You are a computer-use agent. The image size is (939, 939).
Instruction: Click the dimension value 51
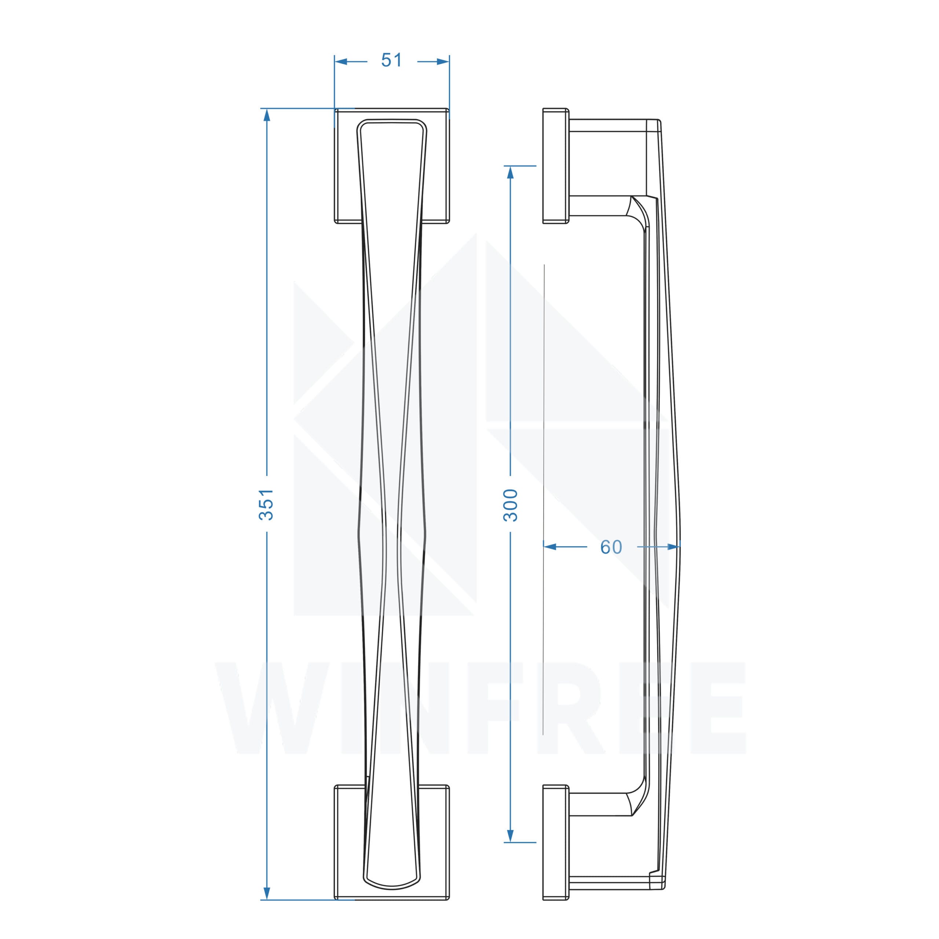click(391, 60)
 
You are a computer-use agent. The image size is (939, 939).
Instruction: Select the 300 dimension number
click(510, 505)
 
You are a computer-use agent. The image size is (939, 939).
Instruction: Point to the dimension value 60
click(611, 547)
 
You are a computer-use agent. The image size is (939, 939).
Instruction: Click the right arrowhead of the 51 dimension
click(443, 62)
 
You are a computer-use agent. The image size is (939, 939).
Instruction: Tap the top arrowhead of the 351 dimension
click(266, 115)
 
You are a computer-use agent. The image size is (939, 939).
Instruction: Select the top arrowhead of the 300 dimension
click(510, 172)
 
